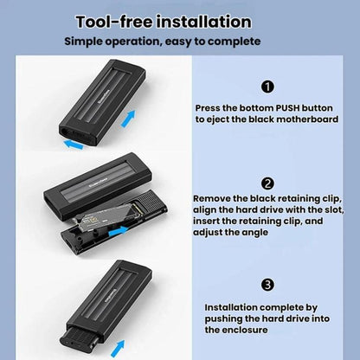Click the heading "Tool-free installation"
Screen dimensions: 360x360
point(164,22)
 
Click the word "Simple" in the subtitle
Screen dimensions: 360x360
point(81,42)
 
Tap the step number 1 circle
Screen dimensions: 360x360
point(267,87)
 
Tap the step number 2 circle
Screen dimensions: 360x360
point(267,183)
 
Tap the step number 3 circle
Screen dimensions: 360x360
point(267,285)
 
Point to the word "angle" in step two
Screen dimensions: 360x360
point(254,233)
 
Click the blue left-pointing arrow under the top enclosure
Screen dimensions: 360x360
point(74,144)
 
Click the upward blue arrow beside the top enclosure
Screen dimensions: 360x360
point(128,119)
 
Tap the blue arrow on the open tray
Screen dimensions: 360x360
point(118,231)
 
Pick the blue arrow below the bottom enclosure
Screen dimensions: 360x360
point(118,349)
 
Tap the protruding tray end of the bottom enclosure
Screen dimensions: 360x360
point(81,338)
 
